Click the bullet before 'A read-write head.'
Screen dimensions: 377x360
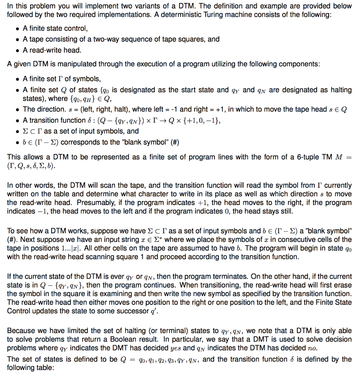point(17,50)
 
